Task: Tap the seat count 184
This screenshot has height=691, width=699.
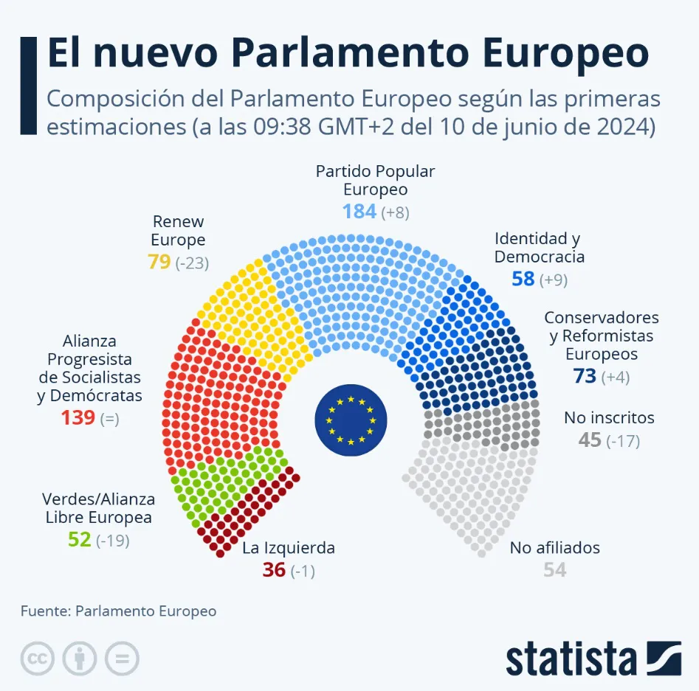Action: pos(359,212)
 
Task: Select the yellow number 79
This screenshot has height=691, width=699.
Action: pos(159,262)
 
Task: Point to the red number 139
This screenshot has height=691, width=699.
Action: pos(78,418)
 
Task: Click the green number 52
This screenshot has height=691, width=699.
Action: pos(79,540)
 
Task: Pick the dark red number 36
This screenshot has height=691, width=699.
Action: pos(274,570)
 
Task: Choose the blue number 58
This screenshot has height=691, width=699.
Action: pos(523,279)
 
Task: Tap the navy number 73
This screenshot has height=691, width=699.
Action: pos(585,376)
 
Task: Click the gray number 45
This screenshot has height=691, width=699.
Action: pos(590,440)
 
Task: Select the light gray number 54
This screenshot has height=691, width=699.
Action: pos(555,569)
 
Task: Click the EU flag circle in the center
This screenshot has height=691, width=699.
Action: pos(351,420)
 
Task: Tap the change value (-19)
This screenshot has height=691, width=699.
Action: pos(113,541)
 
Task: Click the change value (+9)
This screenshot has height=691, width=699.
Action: pos(553,279)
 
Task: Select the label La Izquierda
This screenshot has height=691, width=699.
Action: pos(289,548)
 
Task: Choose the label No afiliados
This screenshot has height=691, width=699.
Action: pos(554,548)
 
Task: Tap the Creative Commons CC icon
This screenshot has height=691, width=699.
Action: pos(38,659)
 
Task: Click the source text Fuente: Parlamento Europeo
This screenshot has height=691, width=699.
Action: pos(119,611)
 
